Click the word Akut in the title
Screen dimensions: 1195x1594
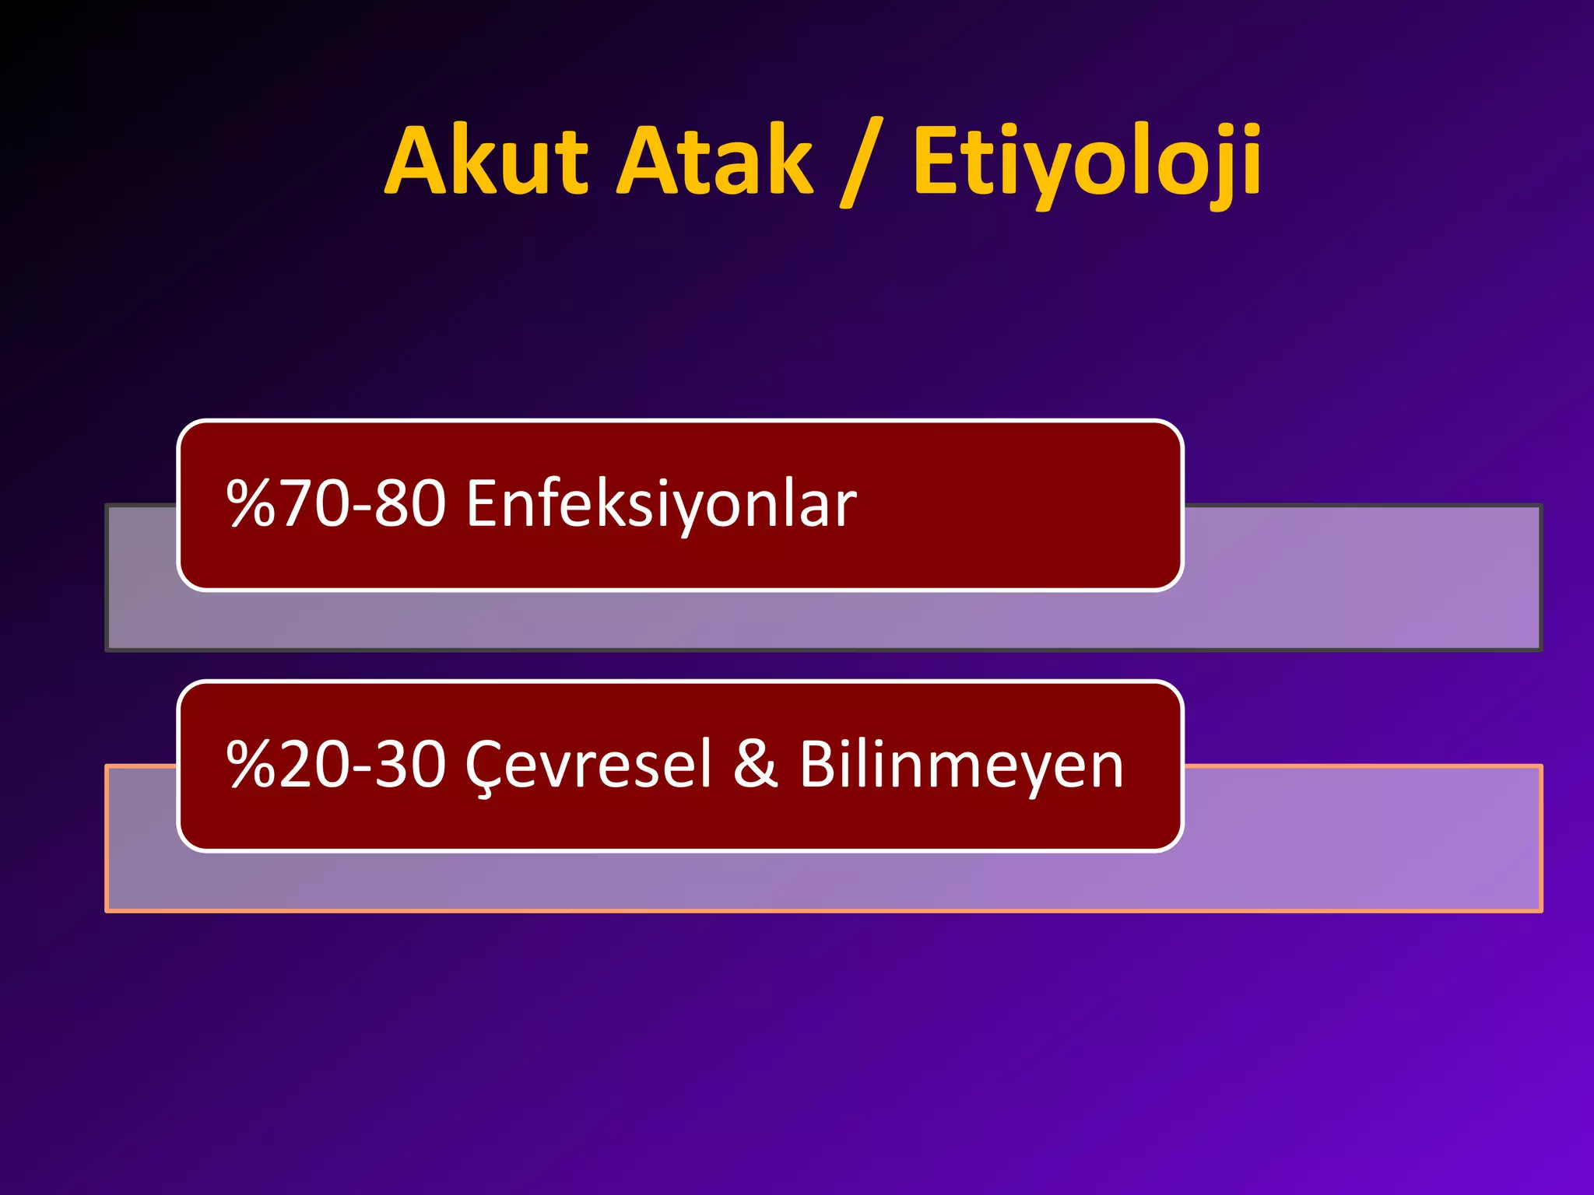point(486,162)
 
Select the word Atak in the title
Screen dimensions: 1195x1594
point(714,162)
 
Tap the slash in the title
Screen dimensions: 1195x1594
point(862,163)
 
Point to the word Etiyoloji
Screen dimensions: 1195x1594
point(1087,163)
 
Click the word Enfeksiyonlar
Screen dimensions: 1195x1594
point(662,504)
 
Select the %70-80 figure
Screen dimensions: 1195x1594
point(336,504)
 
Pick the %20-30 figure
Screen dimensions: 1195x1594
point(336,765)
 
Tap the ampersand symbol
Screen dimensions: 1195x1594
point(756,765)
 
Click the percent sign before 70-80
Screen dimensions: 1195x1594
point(251,504)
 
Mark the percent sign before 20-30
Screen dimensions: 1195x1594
point(251,765)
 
